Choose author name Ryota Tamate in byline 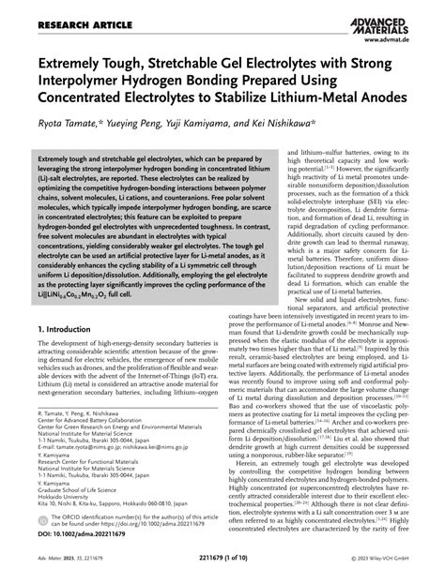tap(60, 125)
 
